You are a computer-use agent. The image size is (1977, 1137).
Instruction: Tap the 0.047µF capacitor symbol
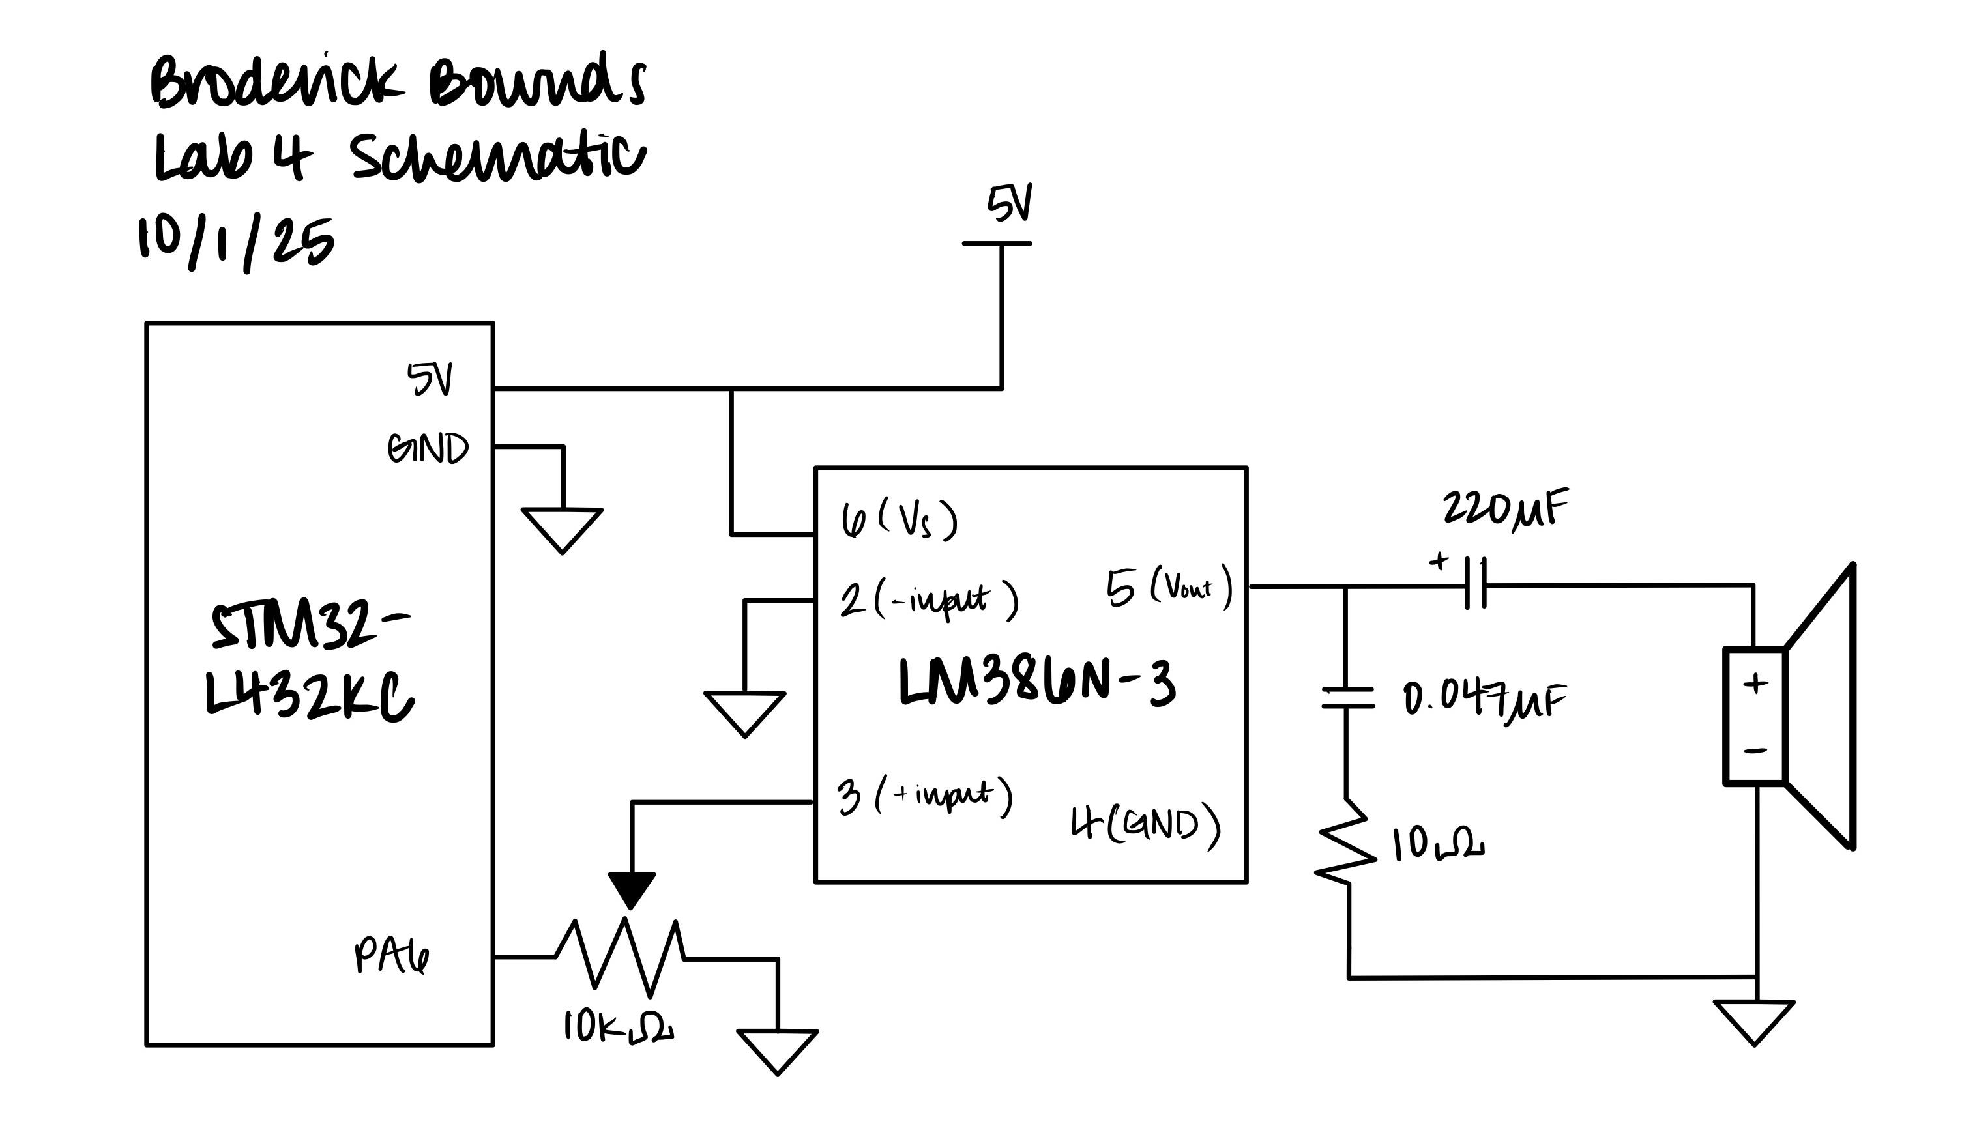(x=1347, y=697)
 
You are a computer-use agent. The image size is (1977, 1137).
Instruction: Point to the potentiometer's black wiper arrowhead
(x=631, y=889)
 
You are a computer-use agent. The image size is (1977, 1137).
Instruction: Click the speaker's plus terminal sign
(x=1755, y=684)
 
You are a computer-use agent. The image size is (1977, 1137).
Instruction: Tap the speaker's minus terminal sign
(x=1755, y=751)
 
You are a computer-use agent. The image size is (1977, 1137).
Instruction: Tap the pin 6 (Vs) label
(x=898, y=519)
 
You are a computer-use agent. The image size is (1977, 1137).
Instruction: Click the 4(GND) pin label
(x=1145, y=826)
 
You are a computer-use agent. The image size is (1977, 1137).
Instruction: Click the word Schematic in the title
(x=497, y=158)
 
